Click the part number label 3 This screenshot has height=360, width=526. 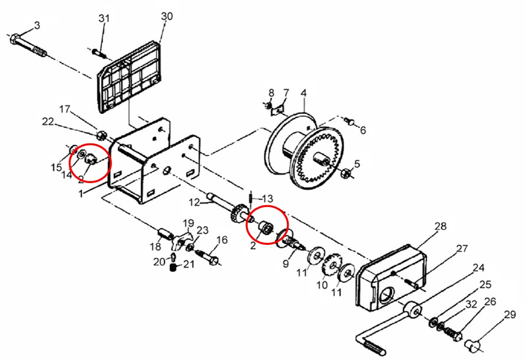pyautogui.click(x=37, y=26)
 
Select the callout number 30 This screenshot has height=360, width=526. pyautogui.click(x=167, y=16)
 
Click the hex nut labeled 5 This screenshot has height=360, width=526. pyautogui.click(x=346, y=173)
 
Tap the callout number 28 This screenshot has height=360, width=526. pyautogui.click(x=440, y=227)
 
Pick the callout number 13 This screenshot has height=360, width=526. pyautogui.click(x=267, y=199)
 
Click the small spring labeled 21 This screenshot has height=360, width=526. pyautogui.click(x=173, y=267)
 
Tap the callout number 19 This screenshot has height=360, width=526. pyautogui.click(x=188, y=223)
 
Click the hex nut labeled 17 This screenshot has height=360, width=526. pyautogui.click(x=101, y=136)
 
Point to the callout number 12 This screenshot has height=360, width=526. pyautogui.click(x=194, y=202)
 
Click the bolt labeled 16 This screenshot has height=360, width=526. pyautogui.click(x=207, y=257)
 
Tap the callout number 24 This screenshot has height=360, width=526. pyautogui.click(x=479, y=268)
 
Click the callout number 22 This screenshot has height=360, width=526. pyautogui.click(x=48, y=122)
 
